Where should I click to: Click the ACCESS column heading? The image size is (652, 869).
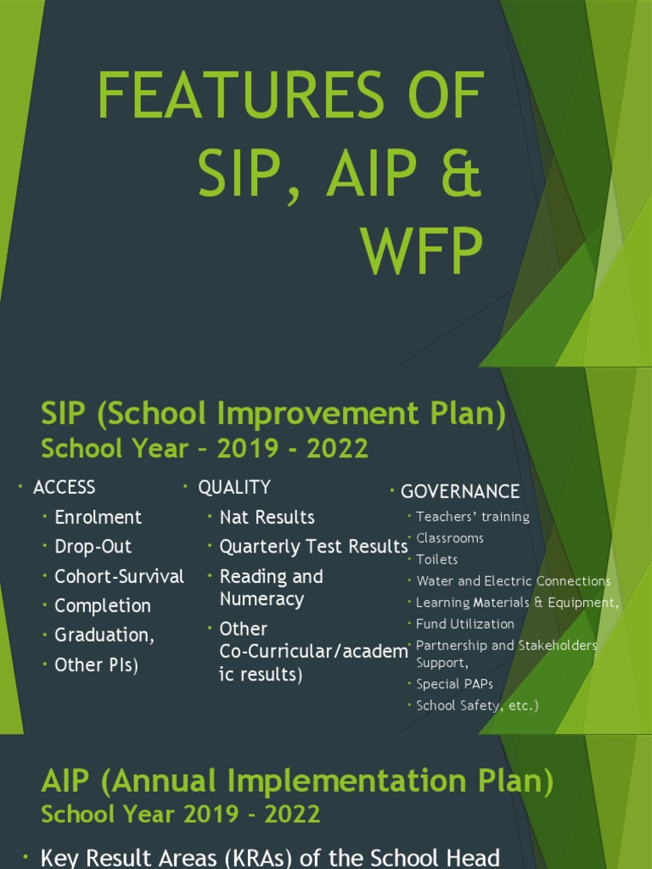click(x=64, y=487)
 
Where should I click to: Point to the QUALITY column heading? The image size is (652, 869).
click(x=234, y=487)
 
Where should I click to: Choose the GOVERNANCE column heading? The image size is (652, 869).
click(x=459, y=492)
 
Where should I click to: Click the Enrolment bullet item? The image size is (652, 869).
click(x=98, y=517)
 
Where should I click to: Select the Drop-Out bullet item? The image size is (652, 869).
click(x=93, y=547)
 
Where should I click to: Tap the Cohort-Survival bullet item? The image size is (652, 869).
click(x=119, y=576)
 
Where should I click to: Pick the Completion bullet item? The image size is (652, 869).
click(x=103, y=606)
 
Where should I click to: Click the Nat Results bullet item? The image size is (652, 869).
click(x=267, y=517)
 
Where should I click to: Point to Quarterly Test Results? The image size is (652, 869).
click(x=313, y=547)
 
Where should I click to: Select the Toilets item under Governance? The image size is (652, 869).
click(x=436, y=559)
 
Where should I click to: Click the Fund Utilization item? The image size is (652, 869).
click(x=464, y=624)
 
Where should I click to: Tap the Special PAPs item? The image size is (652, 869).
click(x=454, y=684)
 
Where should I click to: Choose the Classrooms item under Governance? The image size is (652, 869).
click(x=449, y=538)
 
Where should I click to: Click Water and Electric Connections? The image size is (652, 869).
click(x=513, y=581)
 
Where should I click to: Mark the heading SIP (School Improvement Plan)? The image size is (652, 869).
click(x=273, y=415)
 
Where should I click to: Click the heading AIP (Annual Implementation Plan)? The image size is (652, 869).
click(x=297, y=782)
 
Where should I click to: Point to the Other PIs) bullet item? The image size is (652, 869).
click(x=96, y=665)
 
